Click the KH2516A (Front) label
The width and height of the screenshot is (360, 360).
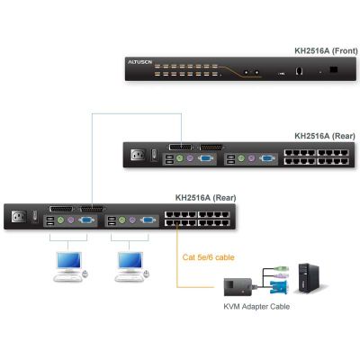(326, 50)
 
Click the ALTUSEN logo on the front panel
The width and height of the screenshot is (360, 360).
(140, 62)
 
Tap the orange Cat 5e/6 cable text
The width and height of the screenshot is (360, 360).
(208, 257)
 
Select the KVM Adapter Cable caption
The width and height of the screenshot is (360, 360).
(256, 307)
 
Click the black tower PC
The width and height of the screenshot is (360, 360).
(309, 278)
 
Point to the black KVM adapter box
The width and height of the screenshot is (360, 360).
(238, 287)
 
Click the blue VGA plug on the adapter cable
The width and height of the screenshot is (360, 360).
(279, 287)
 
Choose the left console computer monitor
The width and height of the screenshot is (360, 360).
(69, 260)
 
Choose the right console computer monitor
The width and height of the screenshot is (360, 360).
(130, 260)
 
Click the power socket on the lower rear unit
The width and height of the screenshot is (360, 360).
(19, 217)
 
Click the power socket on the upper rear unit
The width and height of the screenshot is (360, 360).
(138, 155)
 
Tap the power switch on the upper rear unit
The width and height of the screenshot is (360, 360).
(154, 155)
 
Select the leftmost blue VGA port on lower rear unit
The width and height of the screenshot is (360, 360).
(86, 220)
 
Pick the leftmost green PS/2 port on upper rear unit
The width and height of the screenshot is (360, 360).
(179, 158)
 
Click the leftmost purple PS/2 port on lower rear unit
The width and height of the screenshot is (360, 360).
(71, 220)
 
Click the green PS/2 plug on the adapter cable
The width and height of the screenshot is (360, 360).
(282, 268)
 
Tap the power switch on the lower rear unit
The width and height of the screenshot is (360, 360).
(35, 217)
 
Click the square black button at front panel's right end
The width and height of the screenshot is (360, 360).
(333, 69)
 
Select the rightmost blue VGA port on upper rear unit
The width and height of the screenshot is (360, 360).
(267, 158)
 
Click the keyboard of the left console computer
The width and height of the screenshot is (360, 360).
(67, 278)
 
